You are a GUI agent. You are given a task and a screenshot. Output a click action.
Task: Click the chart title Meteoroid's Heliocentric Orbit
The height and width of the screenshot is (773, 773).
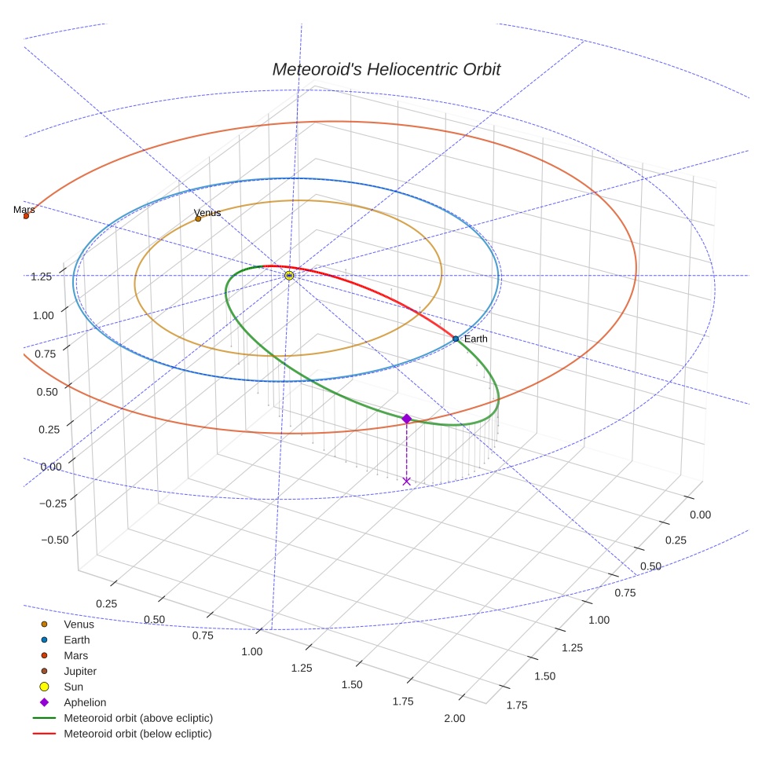pyautogui.click(x=386, y=69)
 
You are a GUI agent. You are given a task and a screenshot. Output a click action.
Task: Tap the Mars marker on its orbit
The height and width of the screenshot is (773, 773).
pyautogui.click(x=26, y=215)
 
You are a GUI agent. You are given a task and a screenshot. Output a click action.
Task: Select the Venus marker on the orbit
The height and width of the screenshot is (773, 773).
pyautogui.click(x=198, y=218)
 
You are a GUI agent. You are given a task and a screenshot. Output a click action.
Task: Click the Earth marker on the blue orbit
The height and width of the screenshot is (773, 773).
pyautogui.click(x=456, y=339)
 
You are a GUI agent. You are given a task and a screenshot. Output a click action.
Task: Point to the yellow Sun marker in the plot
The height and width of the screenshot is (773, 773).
pyautogui.click(x=289, y=276)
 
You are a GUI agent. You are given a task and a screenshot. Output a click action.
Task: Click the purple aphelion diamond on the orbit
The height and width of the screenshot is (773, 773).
pyautogui.click(x=406, y=419)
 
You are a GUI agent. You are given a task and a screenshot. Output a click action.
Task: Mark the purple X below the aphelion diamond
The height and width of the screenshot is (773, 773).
pyautogui.click(x=406, y=481)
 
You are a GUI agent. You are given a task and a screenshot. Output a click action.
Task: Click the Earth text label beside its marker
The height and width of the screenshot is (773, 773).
pyautogui.click(x=476, y=339)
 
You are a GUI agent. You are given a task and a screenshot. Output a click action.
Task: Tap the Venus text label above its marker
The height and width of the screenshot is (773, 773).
pyautogui.click(x=207, y=213)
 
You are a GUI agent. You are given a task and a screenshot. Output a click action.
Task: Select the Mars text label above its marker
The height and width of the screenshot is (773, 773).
pyautogui.click(x=24, y=210)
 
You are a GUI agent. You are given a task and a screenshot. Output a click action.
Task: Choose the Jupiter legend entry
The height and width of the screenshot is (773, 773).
pyautogui.click(x=80, y=671)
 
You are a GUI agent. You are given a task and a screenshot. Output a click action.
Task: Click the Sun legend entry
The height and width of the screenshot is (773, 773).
pyautogui.click(x=73, y=687)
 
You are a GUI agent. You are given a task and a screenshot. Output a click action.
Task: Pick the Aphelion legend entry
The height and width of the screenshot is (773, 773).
pyautogui.click(x=85, y=702)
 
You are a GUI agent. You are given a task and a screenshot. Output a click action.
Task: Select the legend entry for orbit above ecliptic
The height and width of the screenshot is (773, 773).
pyautogui.click(x=137, y=718)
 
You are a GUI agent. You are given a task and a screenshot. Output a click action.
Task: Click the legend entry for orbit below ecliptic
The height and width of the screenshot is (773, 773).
pyautogui.click(x=137, y=734)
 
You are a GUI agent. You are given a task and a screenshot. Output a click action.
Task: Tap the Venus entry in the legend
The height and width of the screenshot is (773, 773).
pyautogui.click(x=79, y=625)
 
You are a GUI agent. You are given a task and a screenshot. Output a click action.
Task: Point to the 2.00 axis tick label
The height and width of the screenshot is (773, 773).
pyautogui.click(x=454, y=718)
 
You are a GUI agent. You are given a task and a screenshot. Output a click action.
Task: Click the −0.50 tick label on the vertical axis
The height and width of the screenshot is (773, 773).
pyautogui.click(x=53, y=539)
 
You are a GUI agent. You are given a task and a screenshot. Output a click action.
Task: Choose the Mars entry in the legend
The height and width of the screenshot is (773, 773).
pyautogui.click(x=75, y=655)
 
